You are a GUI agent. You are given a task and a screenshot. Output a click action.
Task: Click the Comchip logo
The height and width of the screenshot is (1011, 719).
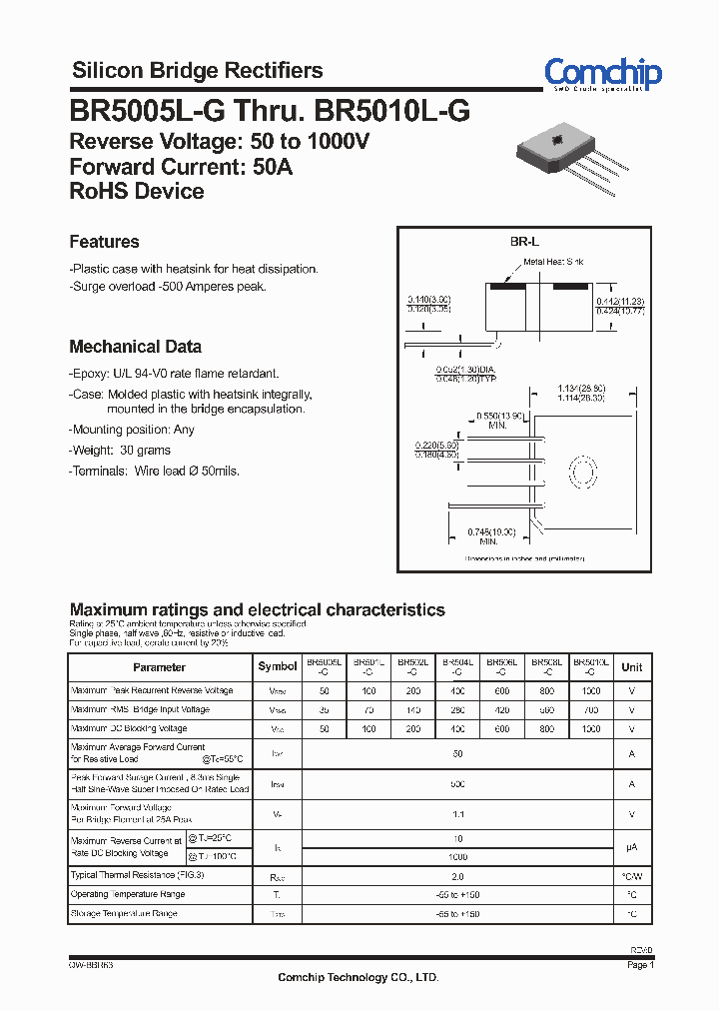(x=602, y=74)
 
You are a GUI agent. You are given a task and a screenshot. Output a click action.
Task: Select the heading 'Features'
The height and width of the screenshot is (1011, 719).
(x=104, y=242)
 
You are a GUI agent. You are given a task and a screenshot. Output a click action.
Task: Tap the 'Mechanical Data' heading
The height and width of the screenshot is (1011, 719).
(x=135, y=347)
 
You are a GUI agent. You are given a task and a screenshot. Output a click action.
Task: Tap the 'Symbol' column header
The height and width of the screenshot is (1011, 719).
(x=278, y=667)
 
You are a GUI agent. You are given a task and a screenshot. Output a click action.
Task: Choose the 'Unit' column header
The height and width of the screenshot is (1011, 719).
(x=632, y=667)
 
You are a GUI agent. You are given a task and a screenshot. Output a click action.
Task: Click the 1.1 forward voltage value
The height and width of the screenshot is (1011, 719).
(x=457, y=814)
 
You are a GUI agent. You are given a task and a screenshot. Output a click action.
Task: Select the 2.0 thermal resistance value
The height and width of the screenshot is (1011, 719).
(x=457, y=875)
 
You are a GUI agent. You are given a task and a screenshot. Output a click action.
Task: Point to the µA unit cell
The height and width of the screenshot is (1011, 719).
(x=632, y=846)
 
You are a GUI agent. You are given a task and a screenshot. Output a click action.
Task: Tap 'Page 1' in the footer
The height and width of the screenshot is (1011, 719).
(x=640, y=966)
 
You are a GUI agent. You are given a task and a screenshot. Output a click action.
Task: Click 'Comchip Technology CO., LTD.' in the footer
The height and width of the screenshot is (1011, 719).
(x=358, y=978)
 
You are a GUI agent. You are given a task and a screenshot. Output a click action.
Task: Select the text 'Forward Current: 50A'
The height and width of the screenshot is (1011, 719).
(x=181, y=167)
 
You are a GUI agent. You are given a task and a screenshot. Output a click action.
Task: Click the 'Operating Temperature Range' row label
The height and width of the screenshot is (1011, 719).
(x=128, y=894)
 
